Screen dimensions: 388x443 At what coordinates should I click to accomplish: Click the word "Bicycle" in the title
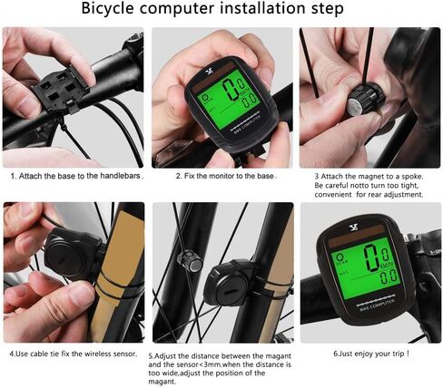[116, 10]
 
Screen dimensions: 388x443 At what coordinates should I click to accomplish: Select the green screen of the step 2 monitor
[222, 99]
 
